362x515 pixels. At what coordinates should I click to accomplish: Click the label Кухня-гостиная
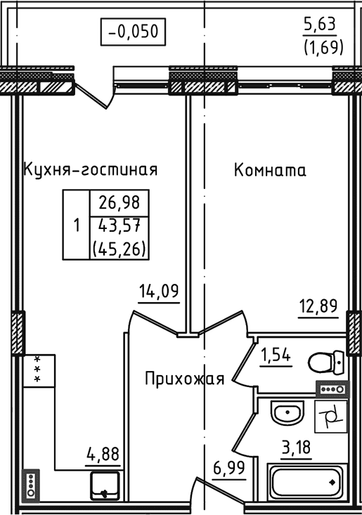[x=90, y=170]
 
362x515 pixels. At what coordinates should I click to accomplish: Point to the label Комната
[x=270, y=170]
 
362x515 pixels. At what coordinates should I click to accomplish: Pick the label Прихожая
[x=184, y=379]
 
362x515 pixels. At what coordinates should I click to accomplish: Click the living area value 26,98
[x=119, y=203]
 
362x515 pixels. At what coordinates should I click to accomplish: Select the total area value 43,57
[x=119, y=226]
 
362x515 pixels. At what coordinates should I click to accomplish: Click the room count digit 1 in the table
[x=76, y=226]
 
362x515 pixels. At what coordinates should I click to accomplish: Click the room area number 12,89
[x=318, y=306]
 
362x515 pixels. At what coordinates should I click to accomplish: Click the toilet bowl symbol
[x=326, y=363]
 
